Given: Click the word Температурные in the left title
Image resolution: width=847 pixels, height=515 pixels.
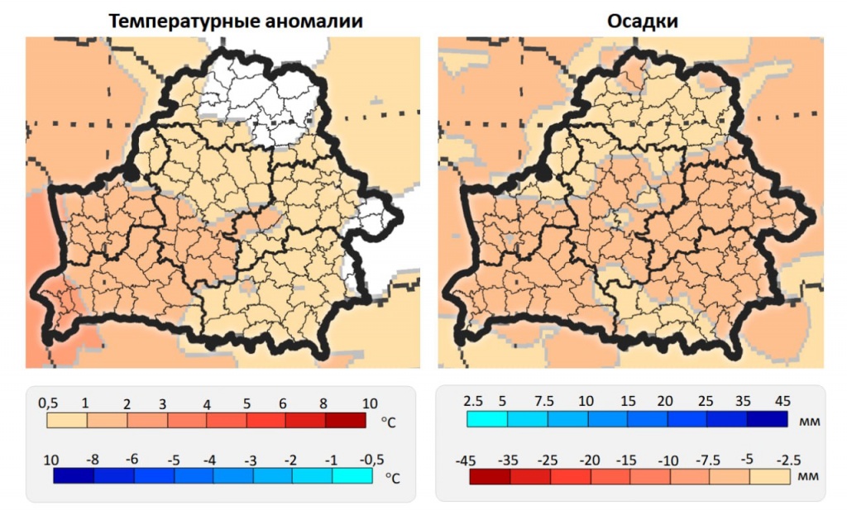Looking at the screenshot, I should click(x=174, y=22).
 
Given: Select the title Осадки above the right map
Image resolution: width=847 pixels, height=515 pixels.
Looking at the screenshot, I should click(x=630, y=22).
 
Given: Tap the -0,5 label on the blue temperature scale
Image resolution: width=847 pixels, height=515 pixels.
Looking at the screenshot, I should click(x=360, y=459).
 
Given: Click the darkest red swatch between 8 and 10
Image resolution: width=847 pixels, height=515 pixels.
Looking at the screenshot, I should click(x=346, y=420).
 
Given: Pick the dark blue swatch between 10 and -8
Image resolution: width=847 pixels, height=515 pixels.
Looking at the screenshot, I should click(x=73, y=476).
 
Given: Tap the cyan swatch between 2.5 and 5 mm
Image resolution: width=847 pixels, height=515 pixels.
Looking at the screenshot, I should click(x=487, y=419).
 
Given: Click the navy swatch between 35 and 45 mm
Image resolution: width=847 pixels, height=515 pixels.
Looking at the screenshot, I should click(x=767, y=419).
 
